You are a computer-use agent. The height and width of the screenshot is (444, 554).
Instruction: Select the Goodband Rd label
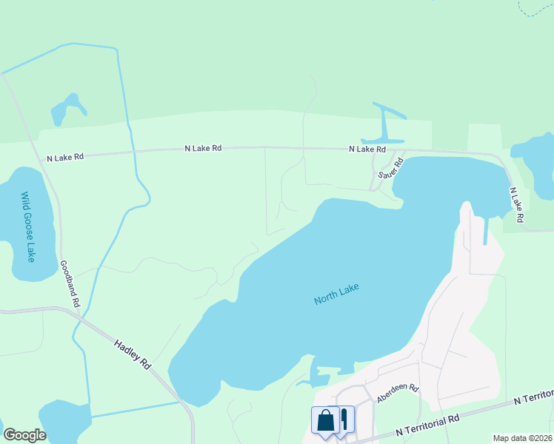click(x=70, y=283)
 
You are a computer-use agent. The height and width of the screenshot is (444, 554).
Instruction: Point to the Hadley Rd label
click(x=133, y=354)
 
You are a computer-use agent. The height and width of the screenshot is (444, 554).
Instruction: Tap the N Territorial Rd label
click(x=427, y=424)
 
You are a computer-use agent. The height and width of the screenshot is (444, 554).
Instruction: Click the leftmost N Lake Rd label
click(x=65, y=158)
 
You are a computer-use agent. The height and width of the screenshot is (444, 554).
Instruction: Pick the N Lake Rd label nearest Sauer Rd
click(x=367, y=149)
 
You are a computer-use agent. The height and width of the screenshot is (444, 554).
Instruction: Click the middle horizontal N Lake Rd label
click(x=203, y=148)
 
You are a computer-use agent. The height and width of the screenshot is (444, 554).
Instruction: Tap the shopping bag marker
click(x=325, y=421)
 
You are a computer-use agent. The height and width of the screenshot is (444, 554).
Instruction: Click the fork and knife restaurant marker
click(x=344, y=421)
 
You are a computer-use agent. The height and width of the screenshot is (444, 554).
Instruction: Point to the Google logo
click(x=24, y=435)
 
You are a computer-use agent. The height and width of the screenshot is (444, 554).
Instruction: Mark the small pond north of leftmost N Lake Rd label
click(x=66, y=110)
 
